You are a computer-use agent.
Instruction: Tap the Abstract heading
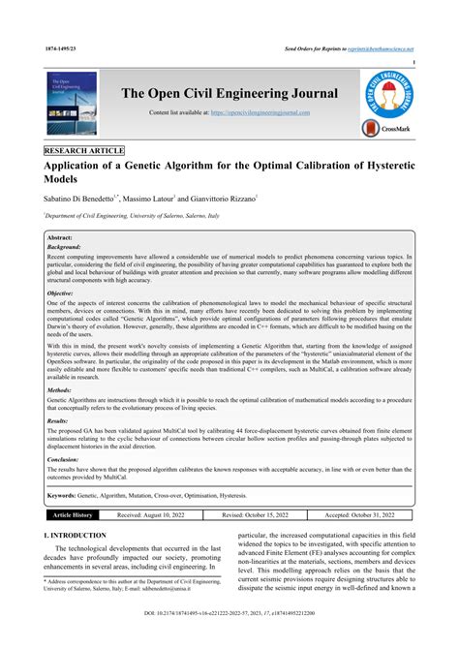[60, 237]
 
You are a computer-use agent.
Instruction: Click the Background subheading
[63, 247]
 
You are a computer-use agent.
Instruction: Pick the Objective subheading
[60, 292]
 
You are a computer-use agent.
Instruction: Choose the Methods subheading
[59, 390]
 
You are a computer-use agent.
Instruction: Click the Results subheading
[58, 421]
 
